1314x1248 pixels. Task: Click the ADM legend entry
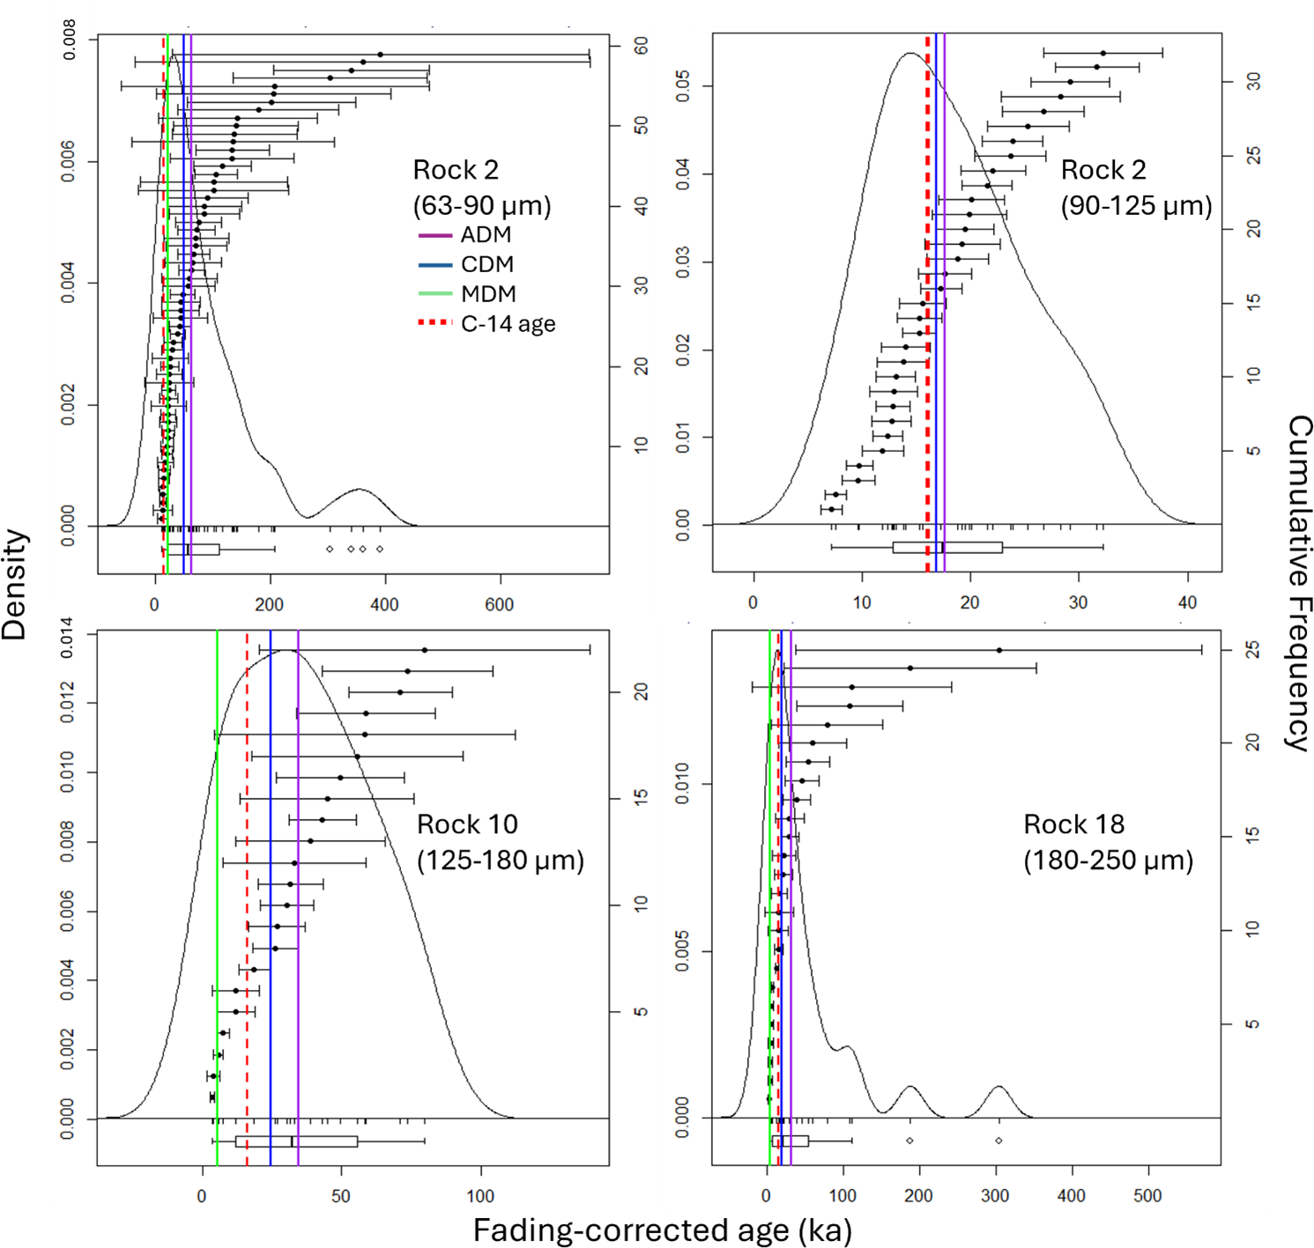click(x=486, y=235)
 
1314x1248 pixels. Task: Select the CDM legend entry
click(x=486, y=264)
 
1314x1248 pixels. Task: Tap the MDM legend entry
click(x=488, y=294)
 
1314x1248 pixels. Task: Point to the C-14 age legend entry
click(x=508, y=324)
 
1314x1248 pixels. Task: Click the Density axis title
click(x=15, y=584)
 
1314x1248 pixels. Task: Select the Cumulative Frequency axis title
click(x=1298, y=583)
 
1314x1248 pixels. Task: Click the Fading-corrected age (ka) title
click(x=662, y=1230)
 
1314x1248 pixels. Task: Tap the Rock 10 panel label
click(x=467, y=824)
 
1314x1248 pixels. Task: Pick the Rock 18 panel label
click(x=1073, y=824)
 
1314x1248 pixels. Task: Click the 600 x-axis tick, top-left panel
click(x=499, y=605)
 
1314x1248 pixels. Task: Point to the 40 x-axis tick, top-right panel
click(x=1187, y=603)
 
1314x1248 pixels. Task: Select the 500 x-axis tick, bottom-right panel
click(x=1147, y=1196)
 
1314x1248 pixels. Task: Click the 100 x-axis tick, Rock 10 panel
click(x=480, y=1196)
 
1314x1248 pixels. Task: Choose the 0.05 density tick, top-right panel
click(x=683, y=86)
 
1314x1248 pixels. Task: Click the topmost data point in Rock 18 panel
click(x=998, y=650)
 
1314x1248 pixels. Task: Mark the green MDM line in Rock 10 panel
click(x=217, y=881)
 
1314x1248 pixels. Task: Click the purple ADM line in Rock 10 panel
click(x=298, y=881)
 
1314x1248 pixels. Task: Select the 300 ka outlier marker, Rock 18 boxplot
click(x=998, y=1141)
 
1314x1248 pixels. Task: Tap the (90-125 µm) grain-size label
click(x=1136, y=206)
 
